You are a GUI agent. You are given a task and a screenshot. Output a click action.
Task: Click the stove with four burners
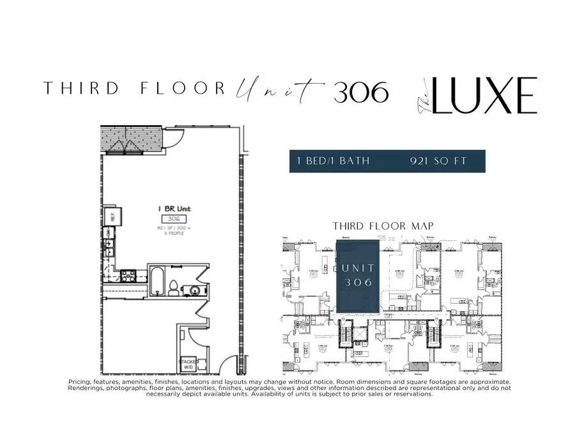pyautogui.click(x=126, y=277)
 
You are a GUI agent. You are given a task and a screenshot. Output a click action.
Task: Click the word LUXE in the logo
pyautogui.click(x=484, y=96)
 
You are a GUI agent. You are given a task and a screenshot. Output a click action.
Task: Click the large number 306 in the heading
pyautogui.click(x=361, y=93)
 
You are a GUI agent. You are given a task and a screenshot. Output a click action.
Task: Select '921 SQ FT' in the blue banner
pyautogui.click(x=440, y=161)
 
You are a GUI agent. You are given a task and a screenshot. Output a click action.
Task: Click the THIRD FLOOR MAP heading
pyautogui.click(x=384, y=226)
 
